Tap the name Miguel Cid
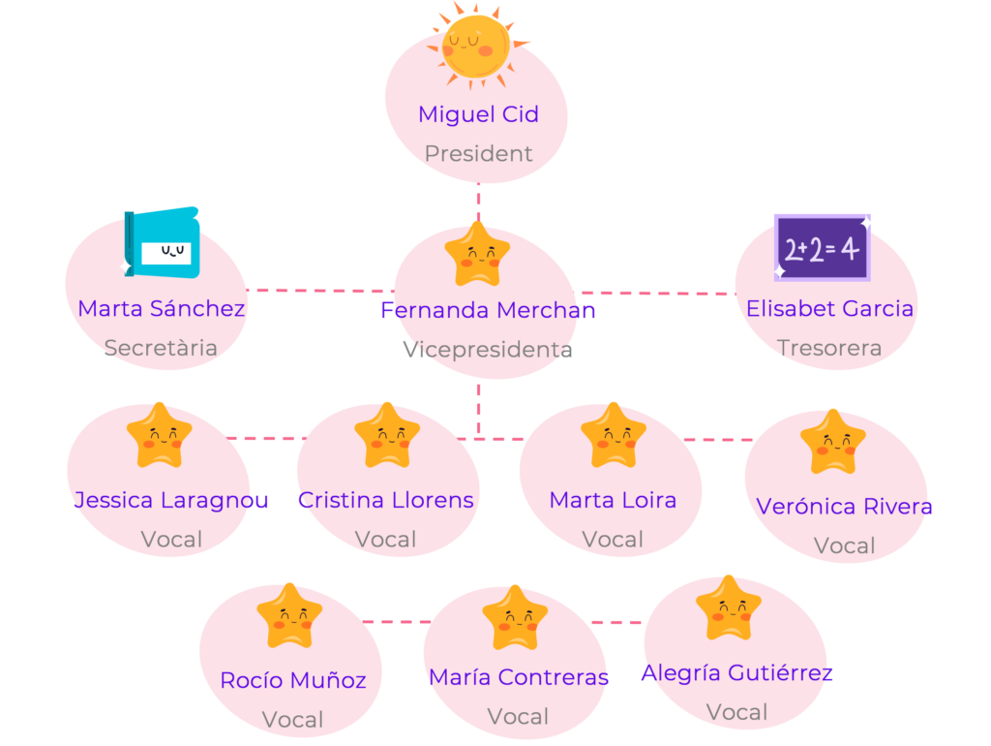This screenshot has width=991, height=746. [478, 114]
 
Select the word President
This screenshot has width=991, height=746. [478, 153]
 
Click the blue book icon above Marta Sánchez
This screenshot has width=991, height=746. [163, 243]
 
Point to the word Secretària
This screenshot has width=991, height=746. [161, 348]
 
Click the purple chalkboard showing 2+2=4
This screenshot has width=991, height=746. [822, 247]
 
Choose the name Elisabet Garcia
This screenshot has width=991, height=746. [829, 308]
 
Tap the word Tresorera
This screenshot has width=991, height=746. [829, 348]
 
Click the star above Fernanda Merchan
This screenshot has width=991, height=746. [477, 255]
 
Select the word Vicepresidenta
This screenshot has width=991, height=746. [488, 350]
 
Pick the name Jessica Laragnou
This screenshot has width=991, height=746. [171, 500]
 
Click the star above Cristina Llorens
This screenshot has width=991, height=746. [387, 436]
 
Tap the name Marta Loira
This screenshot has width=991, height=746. [613, 500]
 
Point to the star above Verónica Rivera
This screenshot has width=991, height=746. [833, 442]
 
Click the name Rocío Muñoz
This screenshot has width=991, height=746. [293, 680]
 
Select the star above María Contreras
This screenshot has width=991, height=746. [515, 618]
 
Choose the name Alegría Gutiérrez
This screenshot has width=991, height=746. [737, 672]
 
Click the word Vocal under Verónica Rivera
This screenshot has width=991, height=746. [845, 546]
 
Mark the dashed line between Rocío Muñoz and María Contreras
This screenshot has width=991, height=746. [395, 622]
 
